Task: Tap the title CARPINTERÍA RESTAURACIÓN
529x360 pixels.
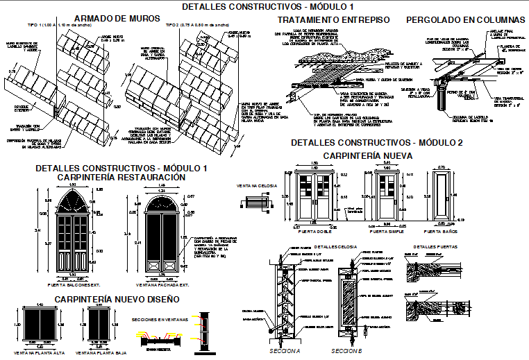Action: (x=121, y=178)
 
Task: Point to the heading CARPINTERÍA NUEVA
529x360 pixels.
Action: (x=368, y=155)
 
